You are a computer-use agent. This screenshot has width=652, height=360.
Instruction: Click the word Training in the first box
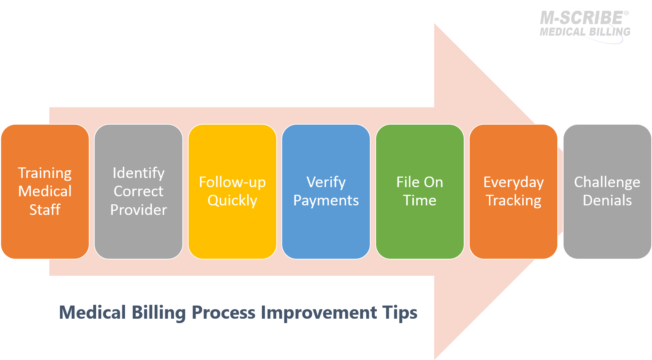point(45,173)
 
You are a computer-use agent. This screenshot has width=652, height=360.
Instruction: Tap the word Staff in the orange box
point(45,210)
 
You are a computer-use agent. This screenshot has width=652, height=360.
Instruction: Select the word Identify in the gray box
point(139,173)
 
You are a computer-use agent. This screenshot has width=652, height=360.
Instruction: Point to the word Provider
point(139,210)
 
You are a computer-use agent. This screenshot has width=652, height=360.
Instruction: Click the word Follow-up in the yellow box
point(232,182)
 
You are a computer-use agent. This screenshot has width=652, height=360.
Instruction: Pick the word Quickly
point(232,201)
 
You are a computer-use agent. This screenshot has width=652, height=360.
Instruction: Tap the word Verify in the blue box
point(326,182)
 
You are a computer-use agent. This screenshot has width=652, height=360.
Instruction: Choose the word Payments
point(326,201)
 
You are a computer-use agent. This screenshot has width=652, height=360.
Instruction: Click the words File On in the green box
point(420,182)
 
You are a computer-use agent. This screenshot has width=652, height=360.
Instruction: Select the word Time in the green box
point(420,201)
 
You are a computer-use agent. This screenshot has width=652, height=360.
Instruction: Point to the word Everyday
point(513,182)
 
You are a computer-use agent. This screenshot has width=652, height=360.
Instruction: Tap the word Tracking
point(513,201)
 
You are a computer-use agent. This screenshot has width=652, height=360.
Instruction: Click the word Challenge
point(607,182)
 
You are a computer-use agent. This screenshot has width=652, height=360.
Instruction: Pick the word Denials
point(607,201)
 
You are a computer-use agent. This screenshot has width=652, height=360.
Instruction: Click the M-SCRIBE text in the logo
point(582,18)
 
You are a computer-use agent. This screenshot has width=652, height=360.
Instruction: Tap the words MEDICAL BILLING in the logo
point(585,32)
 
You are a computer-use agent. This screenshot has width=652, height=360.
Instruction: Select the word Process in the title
point(223,313)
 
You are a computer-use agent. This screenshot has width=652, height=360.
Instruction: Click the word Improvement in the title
point(319,313)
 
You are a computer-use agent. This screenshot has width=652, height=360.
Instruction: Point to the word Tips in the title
point(400,313)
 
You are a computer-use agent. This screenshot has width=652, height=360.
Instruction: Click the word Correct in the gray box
point(139,192)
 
